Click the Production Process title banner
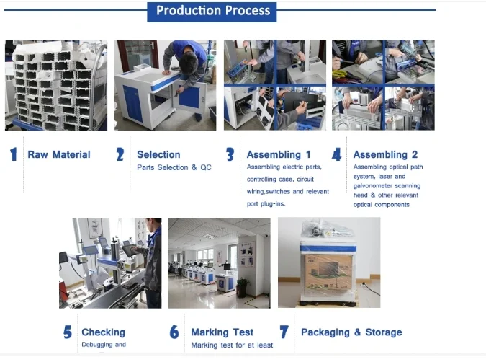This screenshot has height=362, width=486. pos(212,10)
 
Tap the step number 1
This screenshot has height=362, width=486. pos(13,154)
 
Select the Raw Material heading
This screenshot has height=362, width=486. pos(59,154)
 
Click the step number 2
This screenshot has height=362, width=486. pos(120,154)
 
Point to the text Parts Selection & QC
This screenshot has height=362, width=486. pos(174,167)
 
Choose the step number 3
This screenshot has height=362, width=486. pos(230,154)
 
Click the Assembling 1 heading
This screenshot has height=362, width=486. pos(279,154)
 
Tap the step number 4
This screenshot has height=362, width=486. pos(336,154)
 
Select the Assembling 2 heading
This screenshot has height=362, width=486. pos(385,154)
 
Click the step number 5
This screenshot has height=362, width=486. pos(67,332)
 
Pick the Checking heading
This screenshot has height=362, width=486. pos(103,332)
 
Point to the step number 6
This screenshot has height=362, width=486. pos(174,332)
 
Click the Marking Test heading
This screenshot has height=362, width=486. pos(222,332)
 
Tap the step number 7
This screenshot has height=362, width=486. pos(284,332)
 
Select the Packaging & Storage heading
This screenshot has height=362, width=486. pos(351,332)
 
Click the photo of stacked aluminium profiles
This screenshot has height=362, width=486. pos(56,85)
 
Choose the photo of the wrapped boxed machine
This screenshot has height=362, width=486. pos(329,262)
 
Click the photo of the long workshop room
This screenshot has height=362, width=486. pos(219,262)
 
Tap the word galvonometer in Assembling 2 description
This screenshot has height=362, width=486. pos(375,185)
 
